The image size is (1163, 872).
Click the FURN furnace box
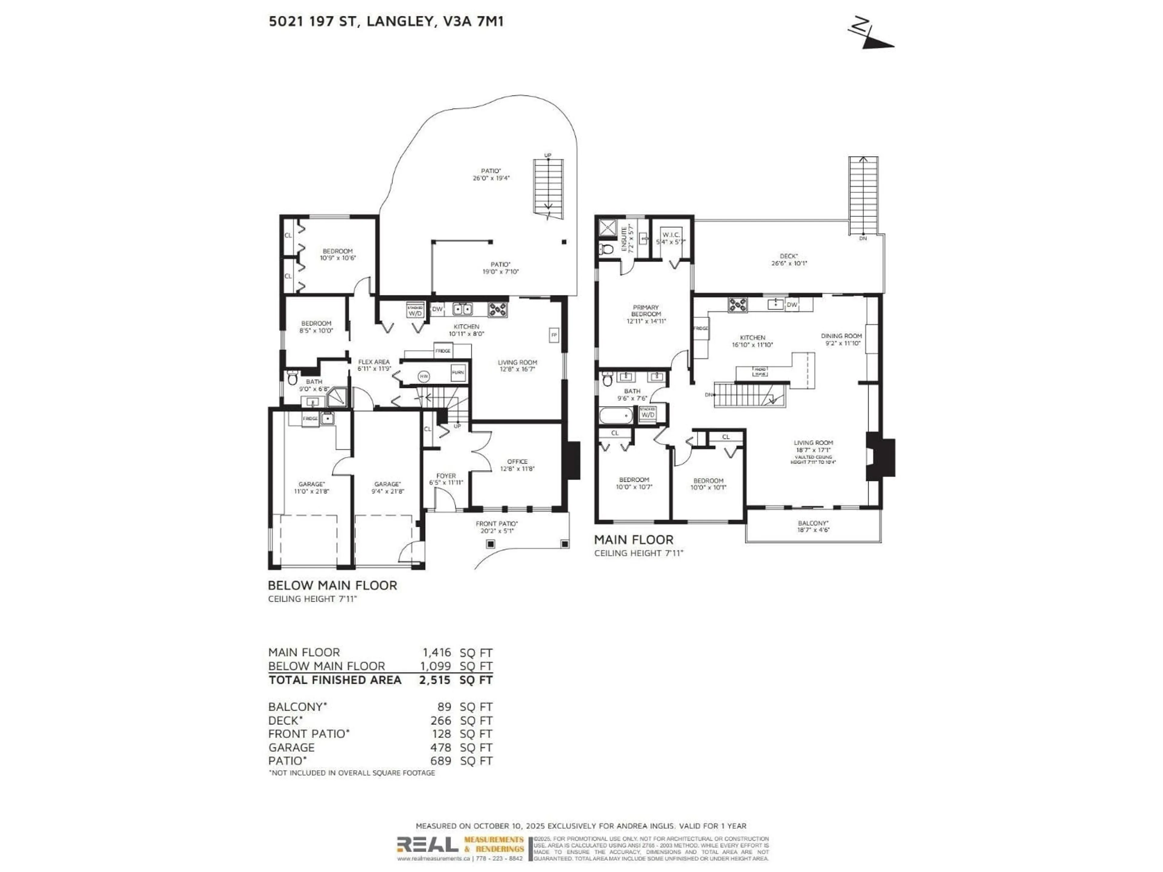click(x=457, y=373)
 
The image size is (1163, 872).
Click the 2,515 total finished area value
click(x=434, y=680)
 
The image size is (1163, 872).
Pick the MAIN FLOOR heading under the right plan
click(x=634, y=540)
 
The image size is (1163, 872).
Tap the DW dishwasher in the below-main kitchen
click(x=437, y=309)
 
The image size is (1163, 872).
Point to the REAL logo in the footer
click(x=427, y=845)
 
